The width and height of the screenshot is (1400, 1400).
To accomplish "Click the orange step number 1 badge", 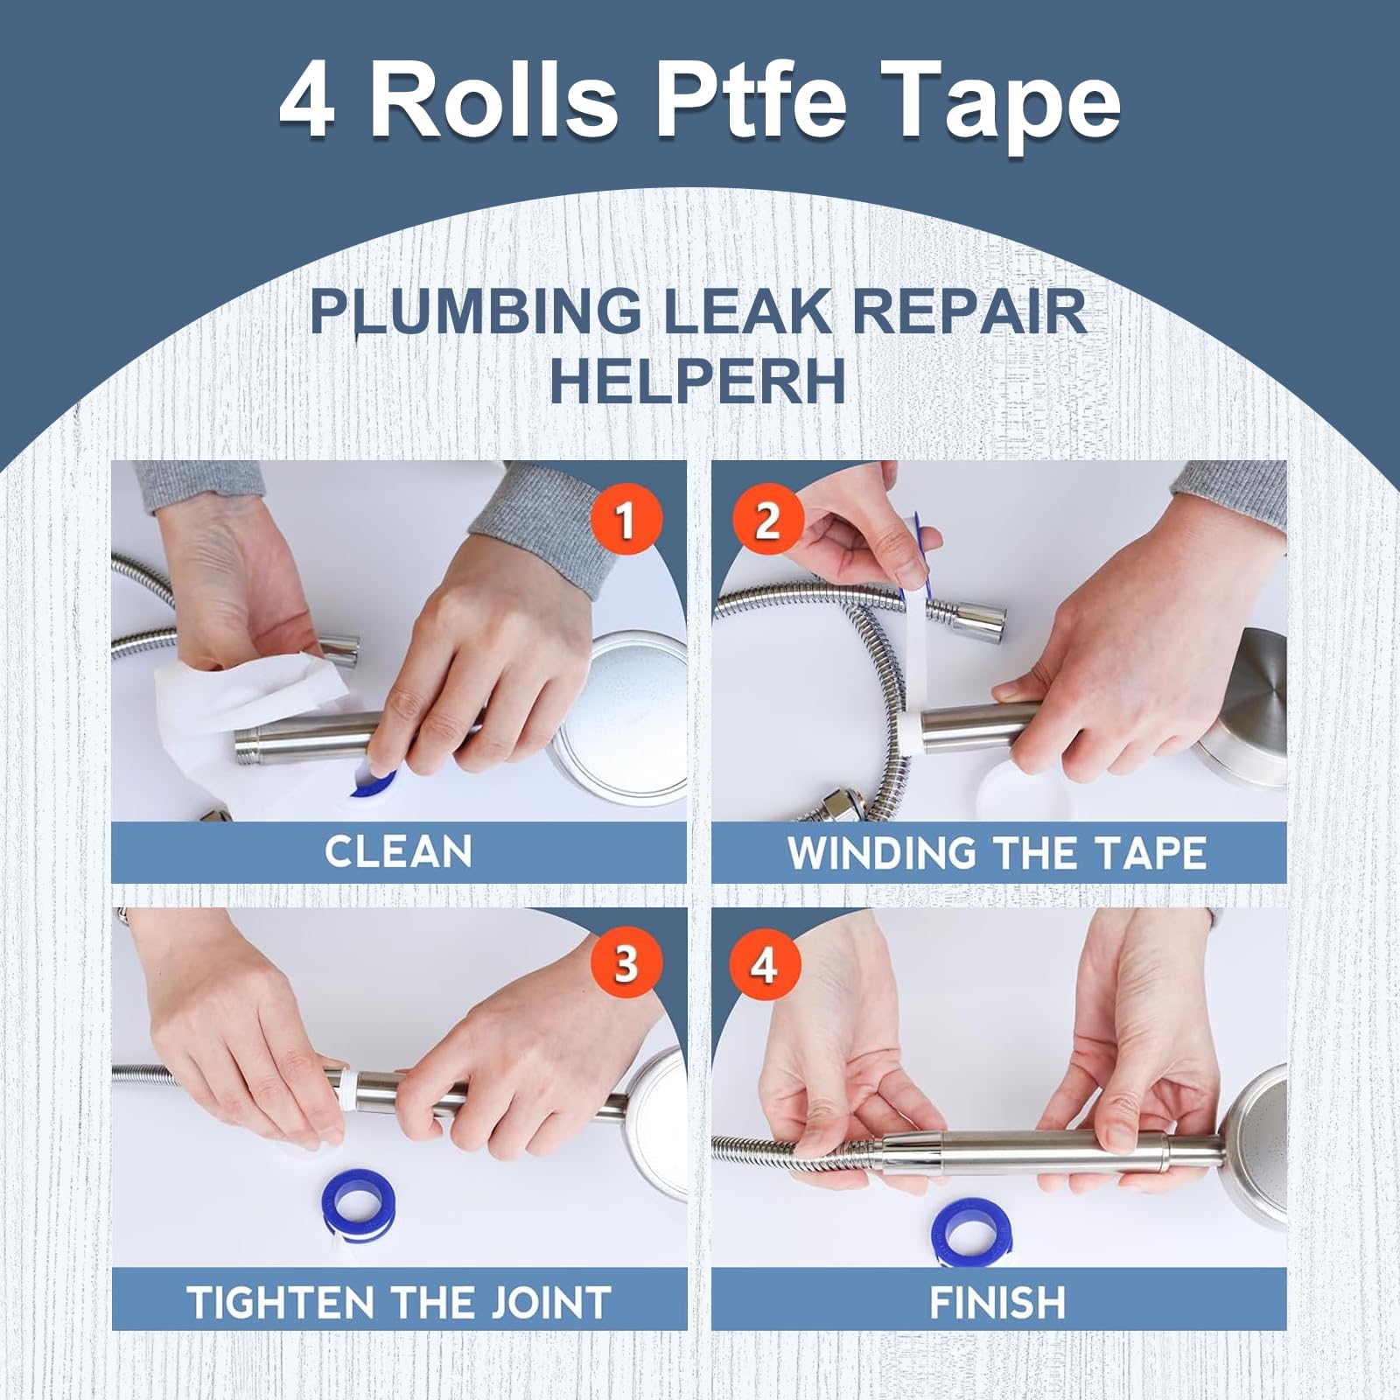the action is point(625,520).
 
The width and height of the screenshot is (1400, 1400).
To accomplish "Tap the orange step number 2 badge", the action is point(766,520).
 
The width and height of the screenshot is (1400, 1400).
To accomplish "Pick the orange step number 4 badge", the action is point(764,964).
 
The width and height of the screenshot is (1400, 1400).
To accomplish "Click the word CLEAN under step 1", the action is point(398,851).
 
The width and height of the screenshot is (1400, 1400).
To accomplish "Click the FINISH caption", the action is point(997,1302).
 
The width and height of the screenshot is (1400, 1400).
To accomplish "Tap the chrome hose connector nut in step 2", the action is point(976,612).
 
